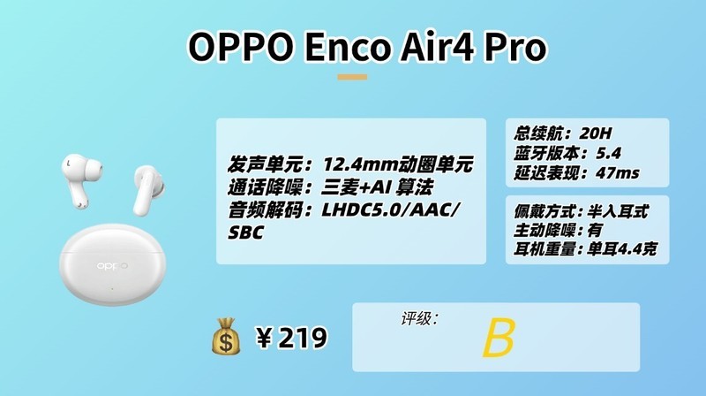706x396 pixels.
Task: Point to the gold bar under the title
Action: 352,77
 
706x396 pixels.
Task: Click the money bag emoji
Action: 227,338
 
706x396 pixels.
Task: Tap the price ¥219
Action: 291,338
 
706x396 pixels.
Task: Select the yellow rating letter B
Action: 498,339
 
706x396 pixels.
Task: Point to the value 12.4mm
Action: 359,164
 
